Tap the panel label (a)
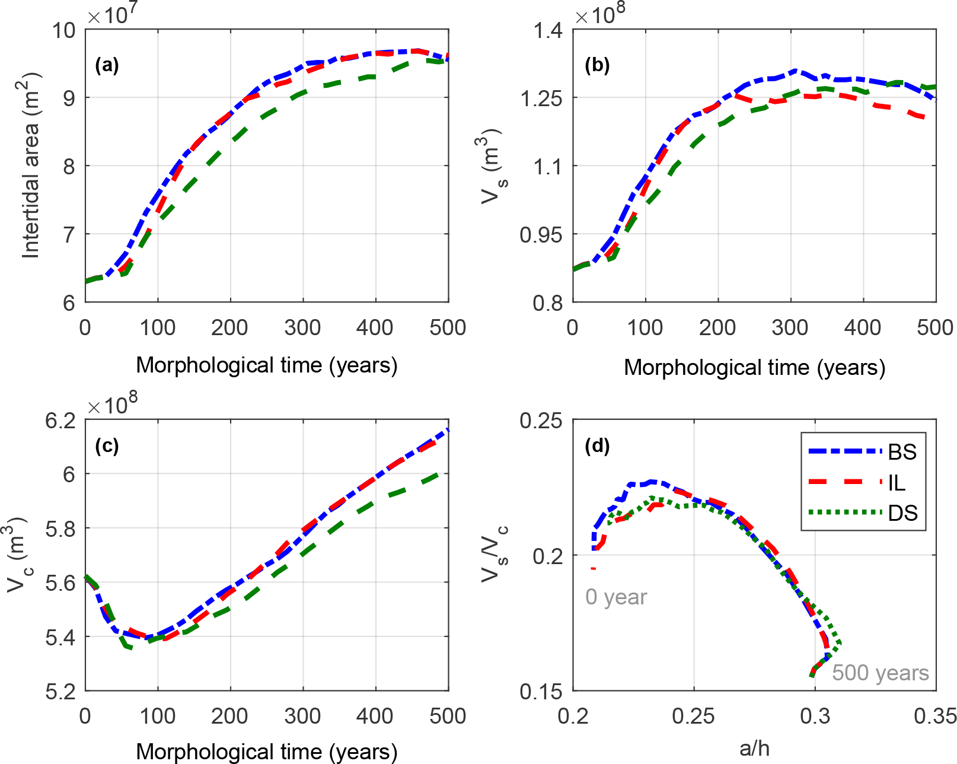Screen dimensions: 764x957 click(x=107, y=65)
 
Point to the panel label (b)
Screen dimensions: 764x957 click(x=597, y=65)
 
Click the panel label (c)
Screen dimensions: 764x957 click(x=107, y=446)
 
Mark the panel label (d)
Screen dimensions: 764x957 click(x=597, y=446)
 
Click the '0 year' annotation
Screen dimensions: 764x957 click(x=616, y=597)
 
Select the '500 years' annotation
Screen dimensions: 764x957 click(x=880, y=673)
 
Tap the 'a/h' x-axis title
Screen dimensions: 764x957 click(x=754, y=749)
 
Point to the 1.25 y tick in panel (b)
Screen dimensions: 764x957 click(x=541, y=98)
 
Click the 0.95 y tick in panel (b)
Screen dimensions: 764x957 click(x=541, y=235)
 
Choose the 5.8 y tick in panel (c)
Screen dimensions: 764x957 click(x=60, y=529)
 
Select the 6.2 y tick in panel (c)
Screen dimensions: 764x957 click(x=60, y=421)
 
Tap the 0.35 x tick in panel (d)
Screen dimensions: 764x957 click(x=934, y=717)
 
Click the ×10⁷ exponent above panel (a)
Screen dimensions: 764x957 click(x=112, y=14)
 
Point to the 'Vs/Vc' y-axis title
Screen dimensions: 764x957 click(x=493, y=555)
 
